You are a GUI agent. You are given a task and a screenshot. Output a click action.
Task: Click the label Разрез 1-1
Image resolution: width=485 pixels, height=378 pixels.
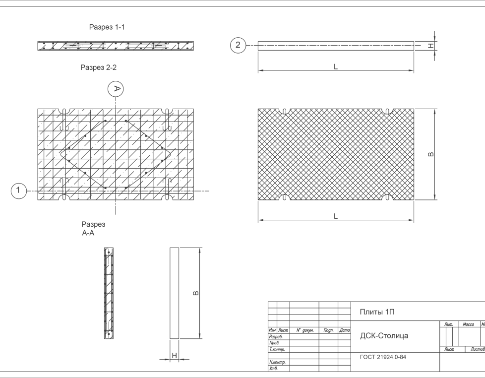click(106, 27)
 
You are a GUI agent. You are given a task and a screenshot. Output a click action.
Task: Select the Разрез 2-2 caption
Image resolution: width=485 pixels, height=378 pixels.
click(99, 68)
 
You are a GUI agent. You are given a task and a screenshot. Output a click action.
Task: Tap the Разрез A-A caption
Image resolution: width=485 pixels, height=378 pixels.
click(93, 228)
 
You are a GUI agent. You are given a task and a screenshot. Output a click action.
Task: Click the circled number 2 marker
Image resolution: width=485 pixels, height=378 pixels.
click(238, 46)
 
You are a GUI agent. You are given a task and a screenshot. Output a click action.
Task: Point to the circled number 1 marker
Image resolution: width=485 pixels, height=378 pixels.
click(18, 190)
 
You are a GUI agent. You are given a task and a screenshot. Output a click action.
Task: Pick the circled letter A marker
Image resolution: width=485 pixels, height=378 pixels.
click(116, 89)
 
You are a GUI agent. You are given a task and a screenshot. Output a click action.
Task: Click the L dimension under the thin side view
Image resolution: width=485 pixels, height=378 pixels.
click(336, 67)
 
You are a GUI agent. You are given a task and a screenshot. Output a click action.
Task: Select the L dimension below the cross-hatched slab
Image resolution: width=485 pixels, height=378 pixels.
click(336, 216)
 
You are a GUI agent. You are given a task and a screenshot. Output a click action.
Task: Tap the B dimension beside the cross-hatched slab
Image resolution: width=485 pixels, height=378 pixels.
click(431, 154)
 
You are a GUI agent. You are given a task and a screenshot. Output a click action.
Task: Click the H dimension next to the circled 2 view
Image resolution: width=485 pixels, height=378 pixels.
click(431, 46)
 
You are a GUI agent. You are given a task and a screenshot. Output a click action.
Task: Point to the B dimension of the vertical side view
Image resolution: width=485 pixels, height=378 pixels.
click(196, 294)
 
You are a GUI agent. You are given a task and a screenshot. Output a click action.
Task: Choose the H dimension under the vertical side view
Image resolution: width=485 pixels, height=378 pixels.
click(175, 356)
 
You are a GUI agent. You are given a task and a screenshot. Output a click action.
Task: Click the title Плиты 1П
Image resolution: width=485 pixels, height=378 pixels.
click(377, 312)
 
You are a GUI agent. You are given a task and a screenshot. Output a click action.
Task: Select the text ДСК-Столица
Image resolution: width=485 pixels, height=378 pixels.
click(384, 336)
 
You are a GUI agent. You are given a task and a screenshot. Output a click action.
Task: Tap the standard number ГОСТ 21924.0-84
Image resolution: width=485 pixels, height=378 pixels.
click(383, 357)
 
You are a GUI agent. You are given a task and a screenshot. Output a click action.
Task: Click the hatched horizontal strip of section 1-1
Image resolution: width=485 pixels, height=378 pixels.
click(115, 46)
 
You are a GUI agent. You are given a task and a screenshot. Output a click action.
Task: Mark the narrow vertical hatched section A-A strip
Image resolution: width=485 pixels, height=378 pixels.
click(108, 293)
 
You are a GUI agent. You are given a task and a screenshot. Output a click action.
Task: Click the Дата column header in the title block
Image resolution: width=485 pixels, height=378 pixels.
click(344, 330)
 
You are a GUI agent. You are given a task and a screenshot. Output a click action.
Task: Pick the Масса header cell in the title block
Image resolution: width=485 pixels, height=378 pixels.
click(468, 324)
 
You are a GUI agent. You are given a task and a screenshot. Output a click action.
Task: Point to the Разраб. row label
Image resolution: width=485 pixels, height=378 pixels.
click(275, 336)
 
